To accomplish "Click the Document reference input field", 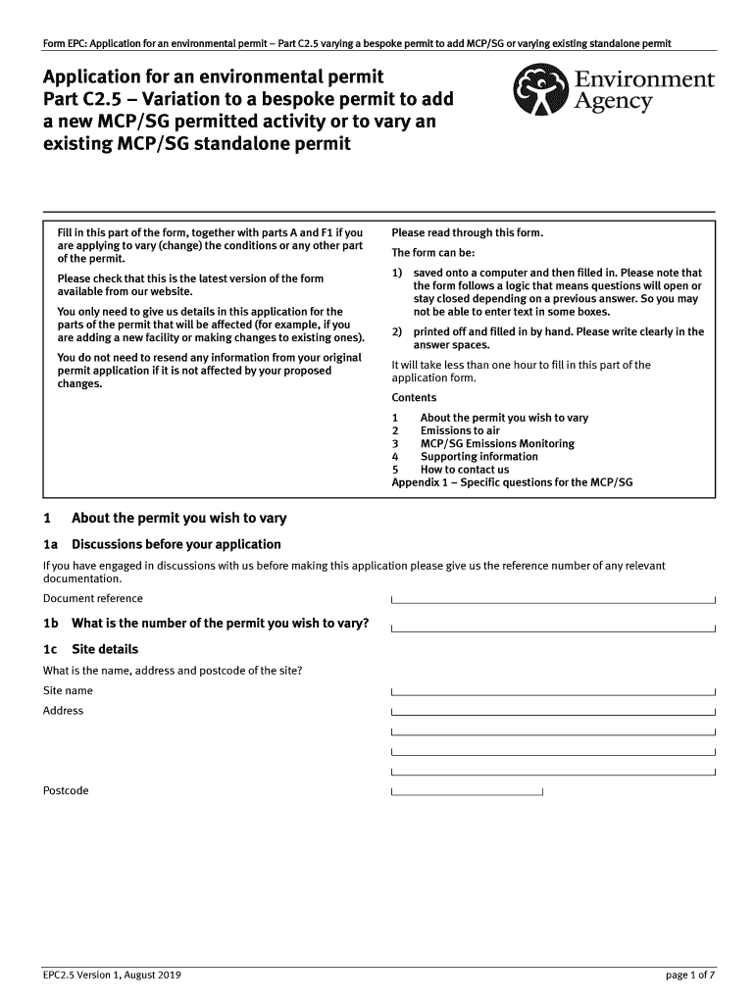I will click(553, 599).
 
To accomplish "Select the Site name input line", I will click(553, 691).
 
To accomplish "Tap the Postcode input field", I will click(467, 791).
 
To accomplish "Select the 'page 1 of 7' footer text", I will click(690, 975).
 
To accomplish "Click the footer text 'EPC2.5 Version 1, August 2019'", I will click(112, 975).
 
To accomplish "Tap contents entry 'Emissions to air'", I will click(460, 430).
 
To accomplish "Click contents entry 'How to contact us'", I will click(465, 469).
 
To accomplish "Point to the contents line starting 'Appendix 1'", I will click(512, 482).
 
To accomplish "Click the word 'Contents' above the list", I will click(414, 397).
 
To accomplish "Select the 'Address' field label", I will click(64, 711).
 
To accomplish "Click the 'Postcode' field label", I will click(66, 790).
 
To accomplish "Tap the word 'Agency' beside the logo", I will click(613, 103).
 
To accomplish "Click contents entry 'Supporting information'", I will click(478, 456).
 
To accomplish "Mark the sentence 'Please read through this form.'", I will click(467, 232).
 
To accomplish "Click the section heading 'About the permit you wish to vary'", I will click(178, 518).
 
